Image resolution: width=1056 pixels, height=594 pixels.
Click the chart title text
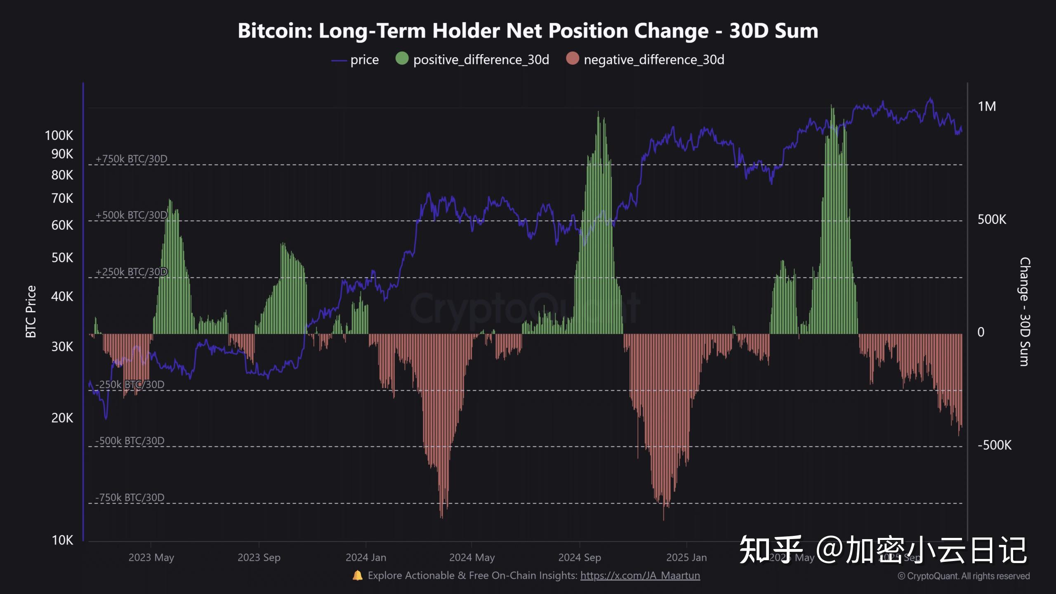[x=528, y=31]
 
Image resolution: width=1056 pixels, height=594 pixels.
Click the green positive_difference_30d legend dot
[x=402, y=59]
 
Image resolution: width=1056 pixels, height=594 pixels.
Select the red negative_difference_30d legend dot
[x=573, y=59]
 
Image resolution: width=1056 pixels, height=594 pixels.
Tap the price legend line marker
[x=339, y=60]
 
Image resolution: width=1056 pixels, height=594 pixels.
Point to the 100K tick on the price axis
[x=59, y=135]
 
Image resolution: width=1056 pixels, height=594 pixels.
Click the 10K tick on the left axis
[x=62, y=540]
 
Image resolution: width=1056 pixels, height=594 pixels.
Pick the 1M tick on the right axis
[x=987, y=106]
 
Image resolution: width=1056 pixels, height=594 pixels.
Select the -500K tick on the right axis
[x=994, y=445]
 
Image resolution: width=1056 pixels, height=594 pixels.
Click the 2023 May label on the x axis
[x=151, y=557]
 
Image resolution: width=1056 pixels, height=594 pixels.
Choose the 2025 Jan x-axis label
[x=686, y=557]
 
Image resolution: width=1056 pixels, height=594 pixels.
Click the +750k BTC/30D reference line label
[x=131, y=159]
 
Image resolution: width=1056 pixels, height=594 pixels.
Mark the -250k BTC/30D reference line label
[x=130, y=384]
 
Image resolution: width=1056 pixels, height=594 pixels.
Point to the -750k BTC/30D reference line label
[x=130, y=497]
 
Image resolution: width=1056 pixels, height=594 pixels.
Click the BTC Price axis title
[x=31, y=312]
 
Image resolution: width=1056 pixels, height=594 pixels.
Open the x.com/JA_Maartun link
[x=640, y=575]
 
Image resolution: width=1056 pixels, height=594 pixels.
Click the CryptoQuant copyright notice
[x=964, y=576]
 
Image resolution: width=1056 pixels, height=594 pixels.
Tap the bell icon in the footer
[x=357, y=575]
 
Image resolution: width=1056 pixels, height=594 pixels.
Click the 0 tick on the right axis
[x=981, y=332]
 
